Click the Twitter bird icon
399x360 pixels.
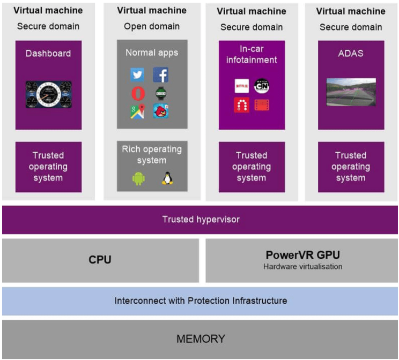click(137, 75)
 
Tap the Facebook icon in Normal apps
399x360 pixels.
click(161, 75)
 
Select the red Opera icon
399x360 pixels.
click(138, 93)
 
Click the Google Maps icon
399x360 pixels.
click(137, 111)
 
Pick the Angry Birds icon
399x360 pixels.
click(161, 111)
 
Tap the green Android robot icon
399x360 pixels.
click(138, 178)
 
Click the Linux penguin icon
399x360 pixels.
click(167, 178)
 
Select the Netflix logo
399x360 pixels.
click(242, 86)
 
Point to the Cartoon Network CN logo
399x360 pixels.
click(262, 86)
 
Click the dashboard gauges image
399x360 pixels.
click(48, 94)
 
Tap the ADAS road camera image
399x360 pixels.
click(351, 92)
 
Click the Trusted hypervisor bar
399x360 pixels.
click(201, 220)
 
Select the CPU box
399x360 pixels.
click(100, 260)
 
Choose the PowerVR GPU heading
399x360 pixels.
click(302, 255)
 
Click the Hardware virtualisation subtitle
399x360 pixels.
click(302, 266)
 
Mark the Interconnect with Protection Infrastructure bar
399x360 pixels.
click(201, 301)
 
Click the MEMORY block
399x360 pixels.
click(201, 339)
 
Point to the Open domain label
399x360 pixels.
click(152, 26)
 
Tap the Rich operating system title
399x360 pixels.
click(152, 154)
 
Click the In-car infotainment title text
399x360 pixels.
click(252, 55)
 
